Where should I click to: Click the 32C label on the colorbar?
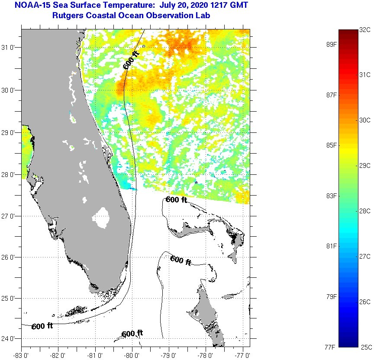[x=365, y=30]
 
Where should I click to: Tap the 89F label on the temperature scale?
[x=332, y=44]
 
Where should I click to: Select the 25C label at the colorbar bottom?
[x=365, y=347]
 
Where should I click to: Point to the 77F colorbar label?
[x=332, y=347]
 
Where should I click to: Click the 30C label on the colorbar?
[x=365, y=120]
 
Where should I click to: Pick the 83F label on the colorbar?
[x=332, y=196]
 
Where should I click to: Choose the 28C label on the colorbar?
[x=365, y=211]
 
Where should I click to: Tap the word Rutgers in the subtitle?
[x=67, y=16]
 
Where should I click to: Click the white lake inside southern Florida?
[x=102, y=217]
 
